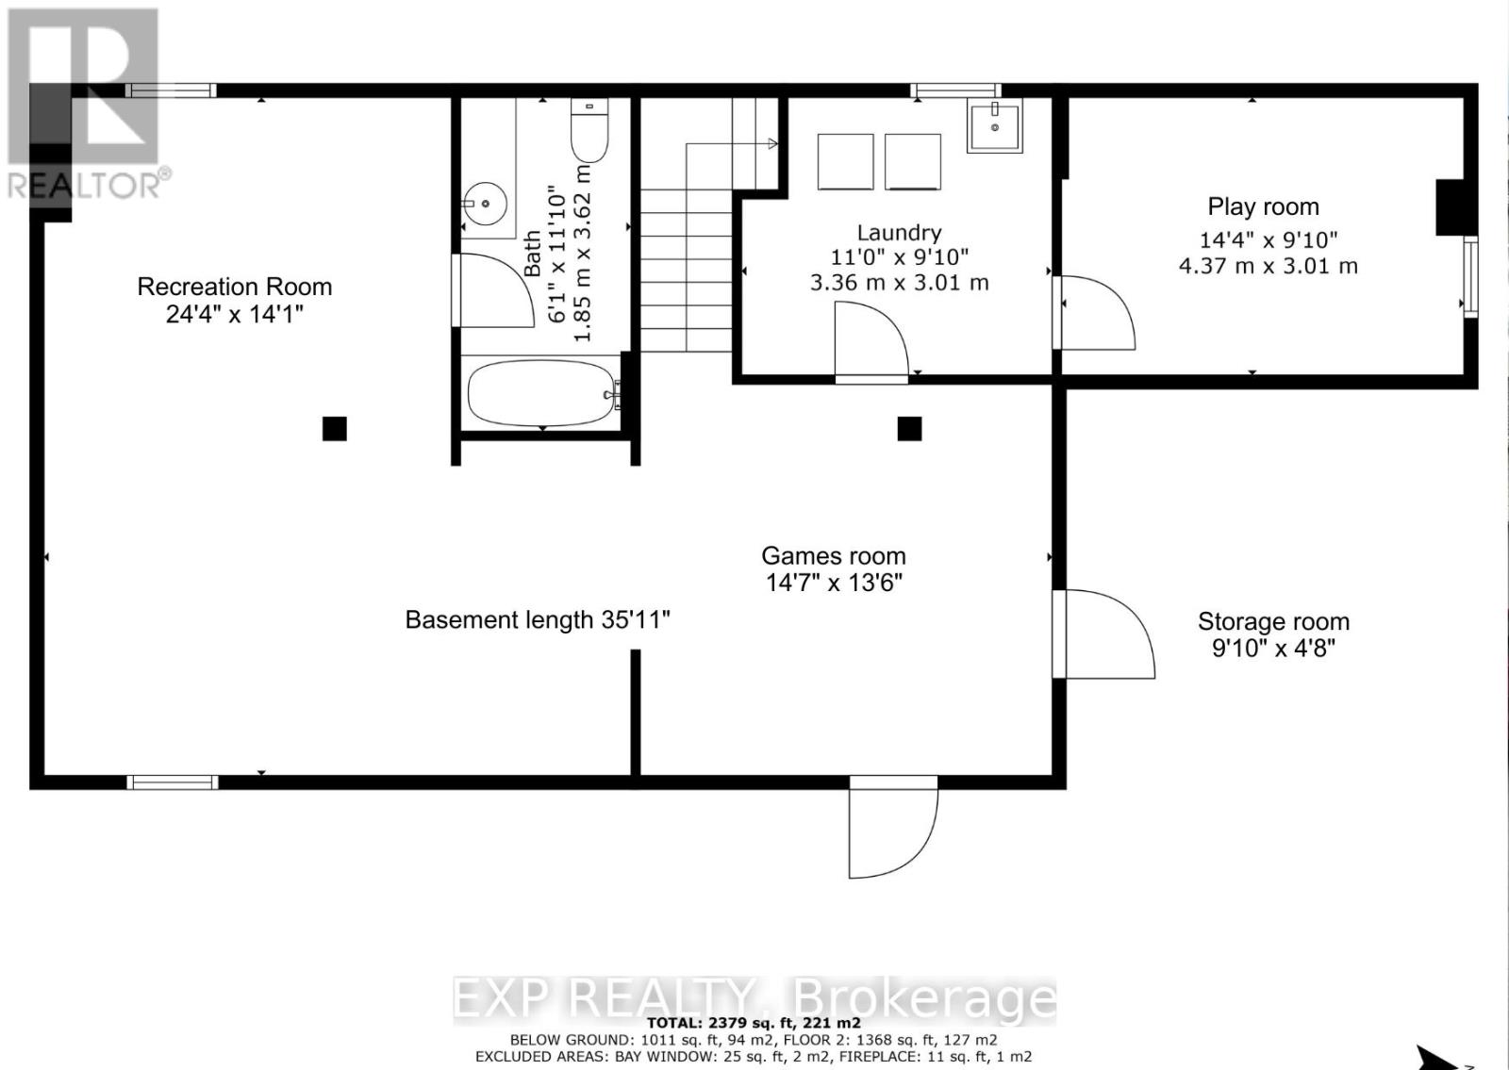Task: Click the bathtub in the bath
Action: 543,394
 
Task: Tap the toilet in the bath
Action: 589,130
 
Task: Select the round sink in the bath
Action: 485,203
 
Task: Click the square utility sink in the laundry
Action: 994,125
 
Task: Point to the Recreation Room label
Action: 235,287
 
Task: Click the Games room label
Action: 834,556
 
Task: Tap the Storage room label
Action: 1273,621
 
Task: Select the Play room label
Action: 1263,206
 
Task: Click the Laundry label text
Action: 899,233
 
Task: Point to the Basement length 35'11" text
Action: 538,619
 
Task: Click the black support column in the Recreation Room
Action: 334,428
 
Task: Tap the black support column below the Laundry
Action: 909,428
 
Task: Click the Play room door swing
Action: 1094,312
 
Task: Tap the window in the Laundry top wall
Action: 955,91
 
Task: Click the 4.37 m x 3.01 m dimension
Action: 1268,266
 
